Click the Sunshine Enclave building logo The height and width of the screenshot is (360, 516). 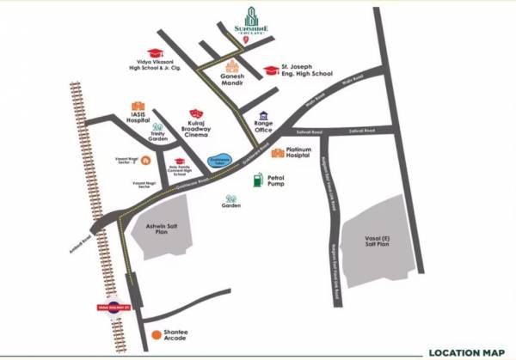pyautogui.click(x=252, y=18)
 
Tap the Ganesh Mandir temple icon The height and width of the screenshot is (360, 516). pyautogui.click(x=232, y=66)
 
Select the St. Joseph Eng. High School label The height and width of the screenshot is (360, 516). pyautogui.click(x=306, y=70)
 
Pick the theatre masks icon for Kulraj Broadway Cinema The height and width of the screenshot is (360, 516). pyautogui.click(x=196, y=113)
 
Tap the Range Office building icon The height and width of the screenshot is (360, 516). pyautogui.click(x=262, y=116)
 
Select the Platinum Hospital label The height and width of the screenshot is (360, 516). pyautogui.click(x=309, y=154)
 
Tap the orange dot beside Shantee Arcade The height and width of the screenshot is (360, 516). pyautogui.click(x=155, y=334)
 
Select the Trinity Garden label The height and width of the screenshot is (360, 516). pyautogui.click(x=157, y=136)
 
